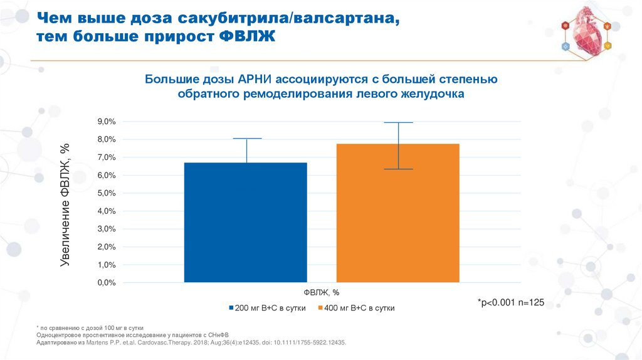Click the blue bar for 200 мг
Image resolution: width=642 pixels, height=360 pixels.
246,223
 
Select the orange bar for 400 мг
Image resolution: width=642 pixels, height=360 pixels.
398,213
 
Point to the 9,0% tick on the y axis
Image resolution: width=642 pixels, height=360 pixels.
106,122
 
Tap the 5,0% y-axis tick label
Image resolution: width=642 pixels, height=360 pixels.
106,194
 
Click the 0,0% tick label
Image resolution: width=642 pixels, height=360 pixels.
106,283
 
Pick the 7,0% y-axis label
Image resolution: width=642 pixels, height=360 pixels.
106,157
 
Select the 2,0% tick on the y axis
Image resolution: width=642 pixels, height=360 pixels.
106,248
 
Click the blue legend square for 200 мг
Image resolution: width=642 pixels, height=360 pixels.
230,309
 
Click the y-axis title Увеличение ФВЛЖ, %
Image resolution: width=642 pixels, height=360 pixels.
65,204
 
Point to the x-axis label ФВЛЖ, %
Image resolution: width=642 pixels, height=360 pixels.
322,292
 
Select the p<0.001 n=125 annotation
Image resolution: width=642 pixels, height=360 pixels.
511,302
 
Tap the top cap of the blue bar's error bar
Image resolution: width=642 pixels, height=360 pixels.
246,138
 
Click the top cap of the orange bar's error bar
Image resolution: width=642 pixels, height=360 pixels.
399,122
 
